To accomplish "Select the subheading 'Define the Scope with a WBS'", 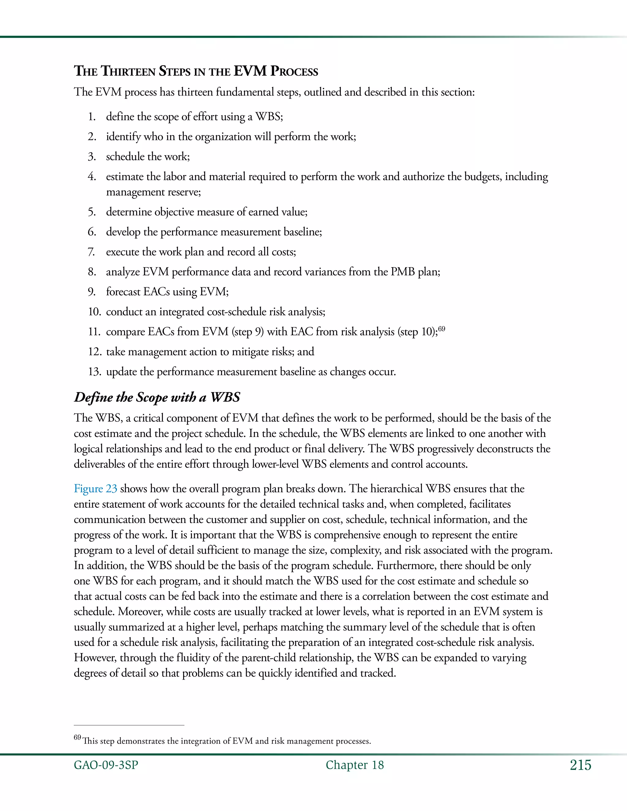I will [157, 397].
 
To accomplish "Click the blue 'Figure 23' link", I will [96, 489].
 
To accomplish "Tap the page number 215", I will [580, 765].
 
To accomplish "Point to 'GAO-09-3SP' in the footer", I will [106, 765].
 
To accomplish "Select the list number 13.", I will [94, 372].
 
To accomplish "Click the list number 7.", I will [91, 252].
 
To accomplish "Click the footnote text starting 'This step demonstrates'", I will [227, 741].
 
